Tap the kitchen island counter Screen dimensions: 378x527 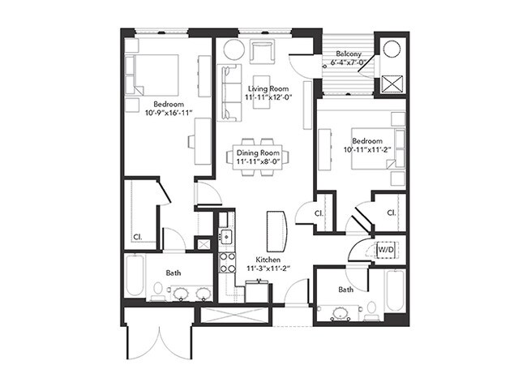pos(277,231)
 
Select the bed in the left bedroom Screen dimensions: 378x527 pos(156,75)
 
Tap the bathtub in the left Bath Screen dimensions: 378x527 pos(135,276)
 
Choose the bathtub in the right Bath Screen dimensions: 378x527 pos(395,290)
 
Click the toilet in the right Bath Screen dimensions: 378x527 pos(371,308)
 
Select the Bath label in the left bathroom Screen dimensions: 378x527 pos(174,273)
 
